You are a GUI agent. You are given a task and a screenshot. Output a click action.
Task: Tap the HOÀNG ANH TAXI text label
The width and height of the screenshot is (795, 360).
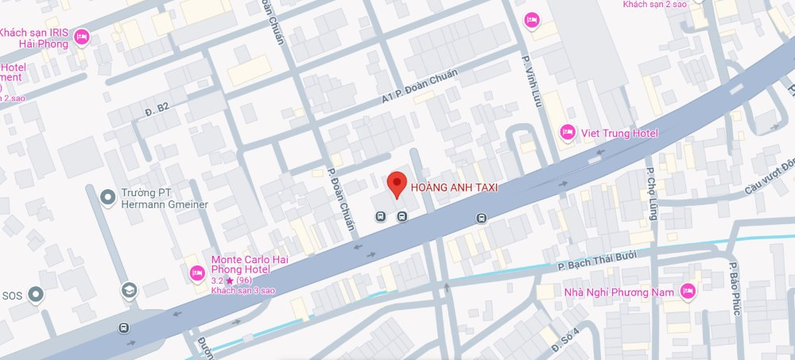tap(454, 188)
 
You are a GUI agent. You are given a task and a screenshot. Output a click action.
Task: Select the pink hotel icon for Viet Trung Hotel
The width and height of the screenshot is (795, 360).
tap(568, 132)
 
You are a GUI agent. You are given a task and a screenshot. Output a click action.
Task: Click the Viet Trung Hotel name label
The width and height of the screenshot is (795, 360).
tap(621, 133)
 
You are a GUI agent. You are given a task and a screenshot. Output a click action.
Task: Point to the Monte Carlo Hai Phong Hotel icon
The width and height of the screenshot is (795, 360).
tap(196, 273)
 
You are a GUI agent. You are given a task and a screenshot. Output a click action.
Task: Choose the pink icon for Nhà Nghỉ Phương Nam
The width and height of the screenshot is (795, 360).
tap(688, 292)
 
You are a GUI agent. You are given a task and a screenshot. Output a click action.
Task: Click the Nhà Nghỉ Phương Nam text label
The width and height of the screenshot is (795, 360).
tap(619, 292)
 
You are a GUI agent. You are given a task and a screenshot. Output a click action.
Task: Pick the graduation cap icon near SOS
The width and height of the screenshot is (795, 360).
tap(128, 292)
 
